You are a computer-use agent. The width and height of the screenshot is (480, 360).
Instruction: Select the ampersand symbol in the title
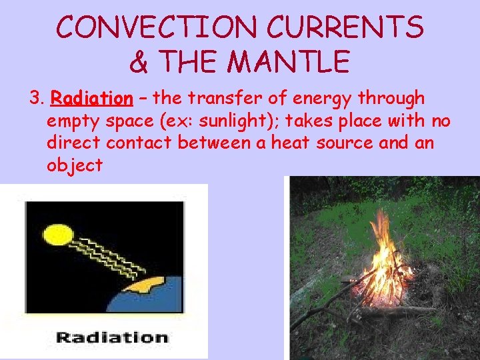click(139, 62)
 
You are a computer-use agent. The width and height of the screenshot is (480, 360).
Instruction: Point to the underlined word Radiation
click(92, 99)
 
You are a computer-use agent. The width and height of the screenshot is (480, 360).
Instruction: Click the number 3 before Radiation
click(35, 99)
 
